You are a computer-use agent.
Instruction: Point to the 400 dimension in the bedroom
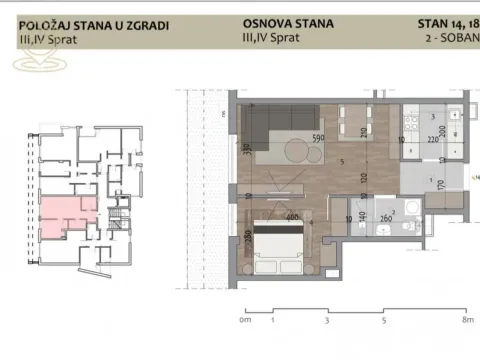pos(293,216)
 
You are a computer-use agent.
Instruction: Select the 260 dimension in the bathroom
pos(385,217)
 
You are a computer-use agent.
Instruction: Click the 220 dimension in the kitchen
pos(433,141)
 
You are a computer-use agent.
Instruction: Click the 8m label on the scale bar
pos(466,323)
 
